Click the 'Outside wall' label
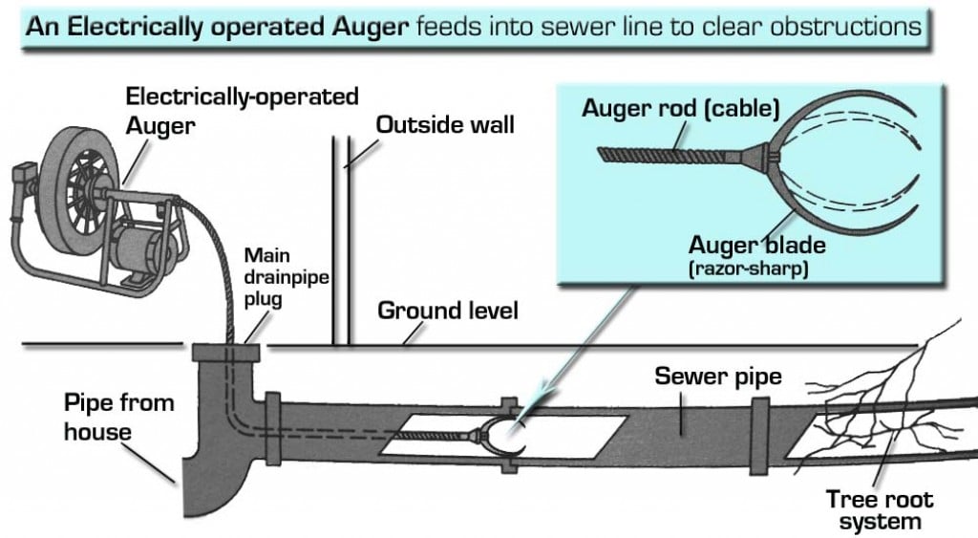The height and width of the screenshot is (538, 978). tap(445, 125)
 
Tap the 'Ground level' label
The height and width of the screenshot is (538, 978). tap(448, 311)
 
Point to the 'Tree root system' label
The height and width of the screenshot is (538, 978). tap(880, 509)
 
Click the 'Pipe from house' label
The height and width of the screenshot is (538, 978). tap(105, 416)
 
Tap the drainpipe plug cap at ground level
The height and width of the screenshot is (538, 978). tap(225, 352)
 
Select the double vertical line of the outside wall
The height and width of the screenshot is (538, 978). tap(341, 239)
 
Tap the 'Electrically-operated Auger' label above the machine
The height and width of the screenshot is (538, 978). tap(243, 109)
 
